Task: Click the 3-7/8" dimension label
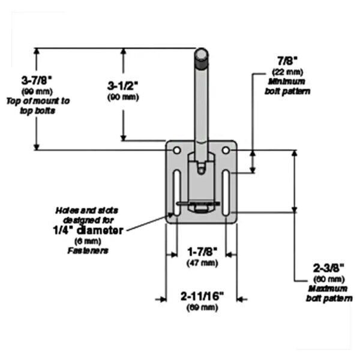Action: tap(37, 81)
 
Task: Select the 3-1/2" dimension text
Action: tap(123, 86)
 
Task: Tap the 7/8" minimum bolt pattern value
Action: tap(287, 61)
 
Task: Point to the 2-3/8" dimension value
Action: tap(329, 268)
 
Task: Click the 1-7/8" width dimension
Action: tap(202, 252)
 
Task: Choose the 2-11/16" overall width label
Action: tap(202, 296)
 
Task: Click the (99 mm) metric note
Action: tap(37, 92)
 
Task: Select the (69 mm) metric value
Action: tap(202, 307)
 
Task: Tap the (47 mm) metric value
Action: tap(202, 263)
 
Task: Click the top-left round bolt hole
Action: tap(176, 151)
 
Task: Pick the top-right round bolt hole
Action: tap(226, 151)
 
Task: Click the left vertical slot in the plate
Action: tap(177, 193)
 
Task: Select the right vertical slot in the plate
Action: tap(226, 193)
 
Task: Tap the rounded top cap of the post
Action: tap(202, 54)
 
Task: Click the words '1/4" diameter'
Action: tap(88, 230)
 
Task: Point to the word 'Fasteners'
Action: tap(88, 251)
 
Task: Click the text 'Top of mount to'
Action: tap(38, 101)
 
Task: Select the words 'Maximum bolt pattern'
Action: tap(329, 293)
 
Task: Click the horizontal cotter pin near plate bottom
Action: tap(198, 203)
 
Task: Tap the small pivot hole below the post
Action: tap(202, 170)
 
